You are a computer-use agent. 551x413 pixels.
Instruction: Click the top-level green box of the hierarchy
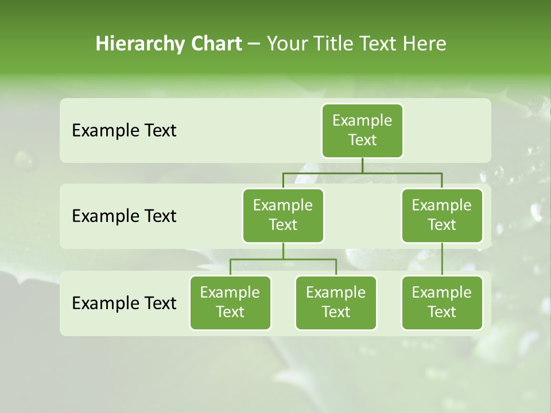point(362,130)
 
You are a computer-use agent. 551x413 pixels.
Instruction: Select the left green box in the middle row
point(283,215)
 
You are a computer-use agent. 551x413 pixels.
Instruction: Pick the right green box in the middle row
point(442,215)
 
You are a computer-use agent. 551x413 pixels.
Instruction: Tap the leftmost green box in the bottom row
point(230,302)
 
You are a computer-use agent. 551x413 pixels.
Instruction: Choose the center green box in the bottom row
point(336,302)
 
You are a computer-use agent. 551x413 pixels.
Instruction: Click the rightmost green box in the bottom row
point(442,302)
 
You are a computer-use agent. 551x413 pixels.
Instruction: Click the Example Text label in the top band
point(124,130)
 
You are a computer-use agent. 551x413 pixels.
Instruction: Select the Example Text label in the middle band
point(124,216)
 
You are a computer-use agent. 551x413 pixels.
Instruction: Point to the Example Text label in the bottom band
point(124,303)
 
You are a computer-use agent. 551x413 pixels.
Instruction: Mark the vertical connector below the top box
point(362,165)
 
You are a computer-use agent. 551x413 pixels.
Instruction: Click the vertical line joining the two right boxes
point(442,259)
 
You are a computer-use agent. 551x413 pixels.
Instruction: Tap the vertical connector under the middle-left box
point(283,251)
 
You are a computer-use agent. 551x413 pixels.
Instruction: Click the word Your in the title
point(286,44)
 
